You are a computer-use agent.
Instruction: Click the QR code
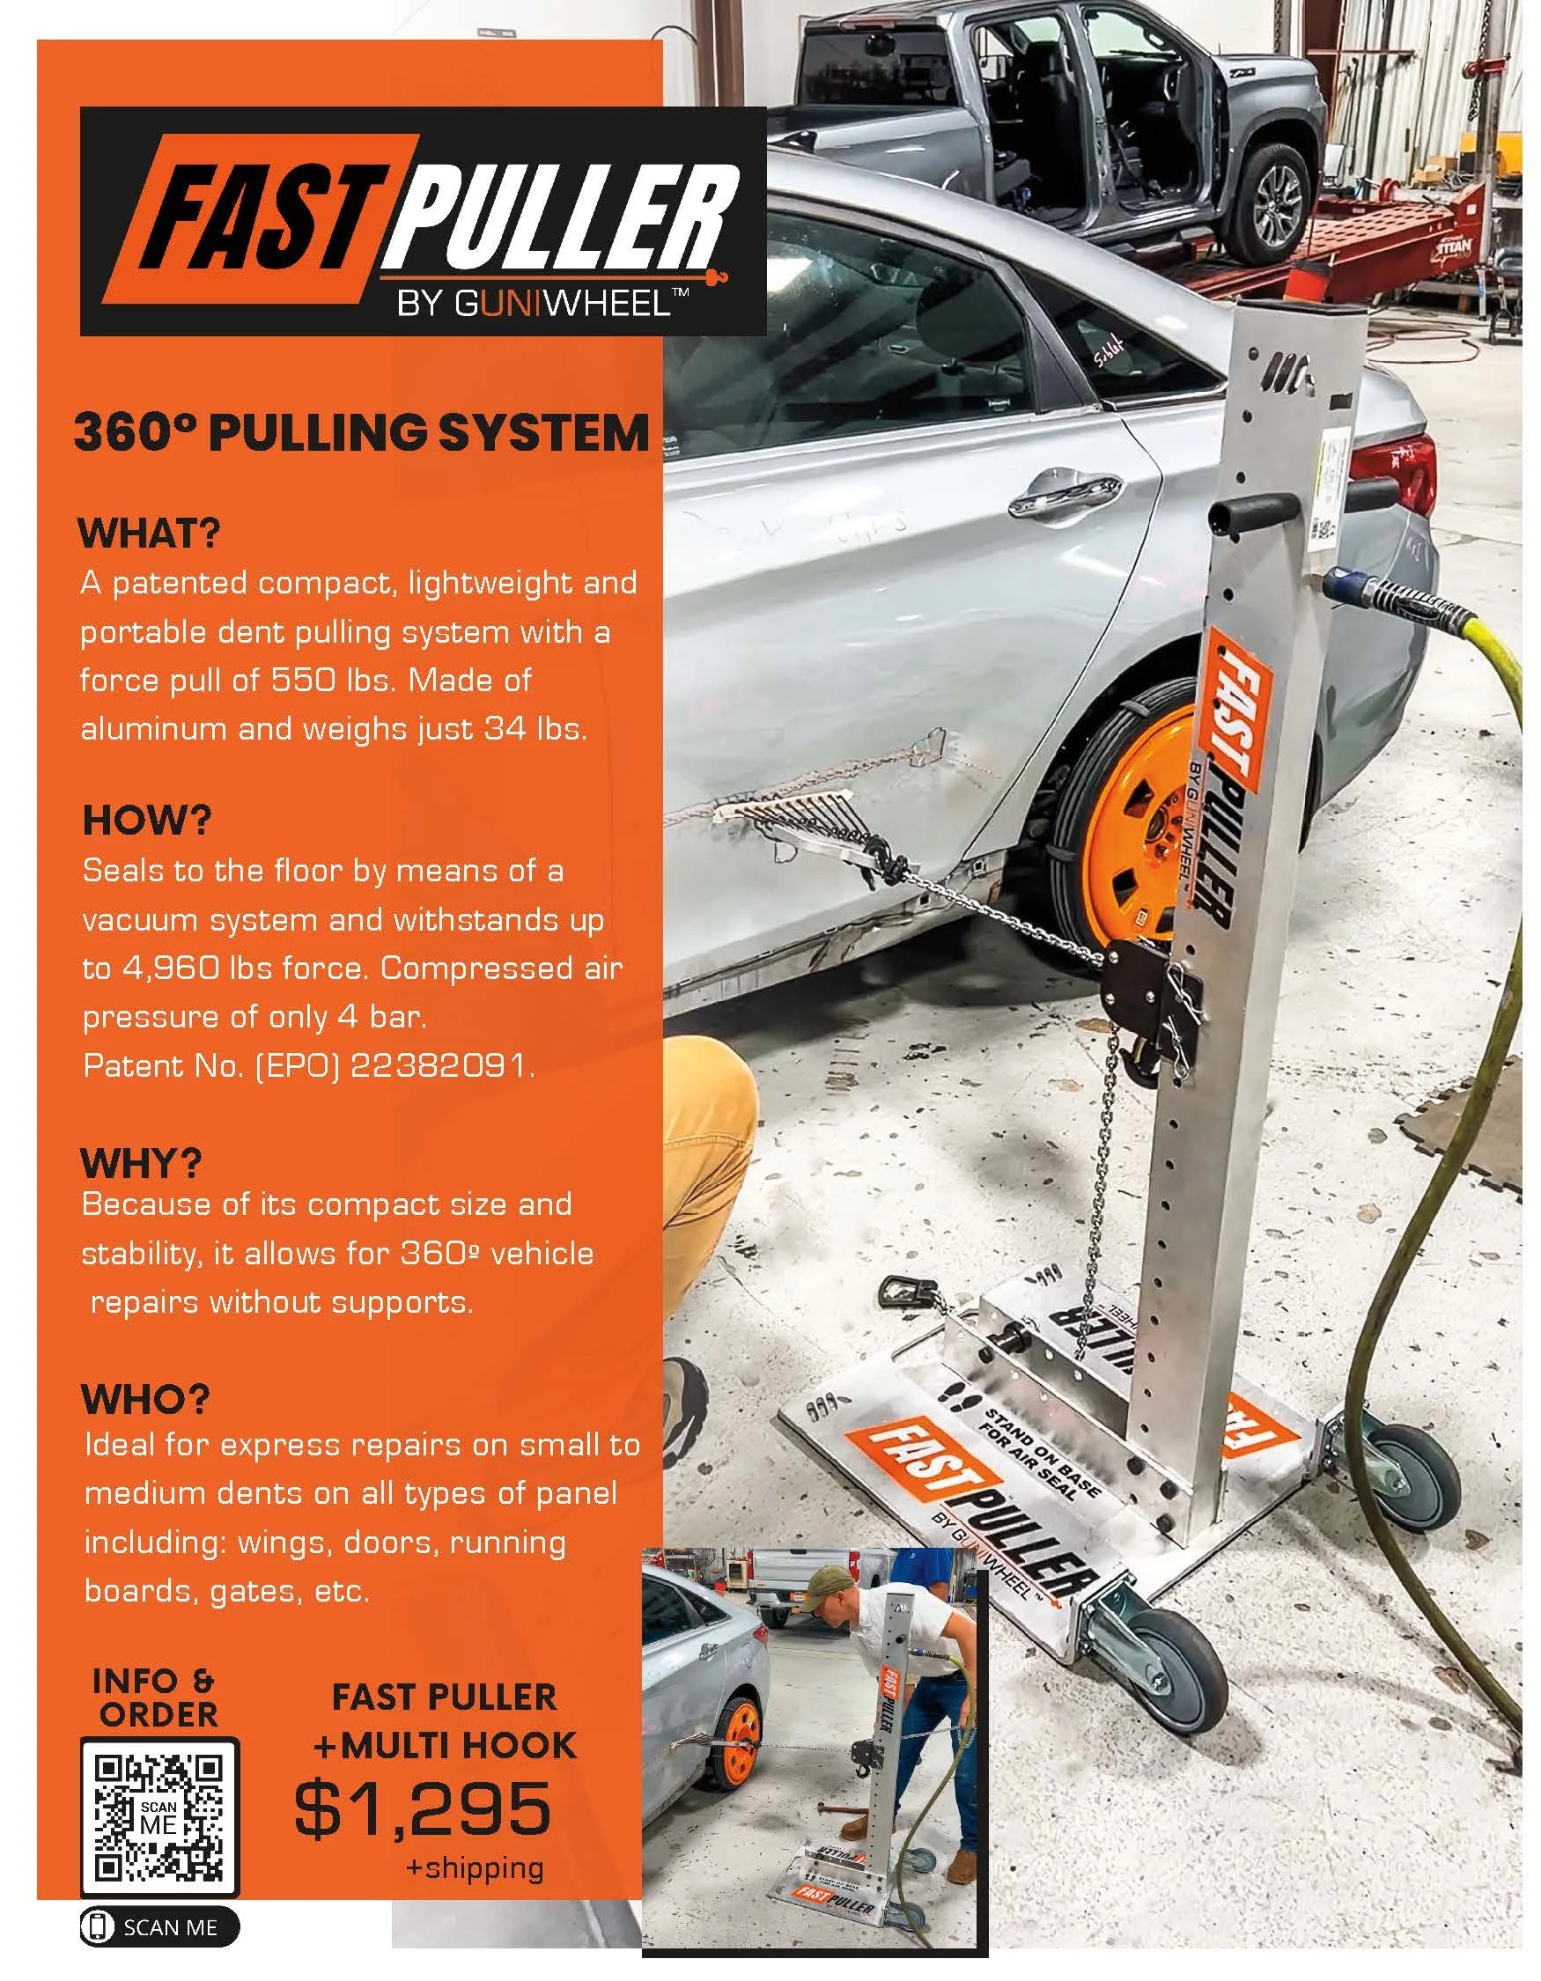click(159, 1818)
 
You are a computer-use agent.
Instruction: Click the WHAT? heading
click(150, 534)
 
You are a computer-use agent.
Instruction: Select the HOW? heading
click(146, 821)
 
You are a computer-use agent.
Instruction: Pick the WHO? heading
click(145, 1400)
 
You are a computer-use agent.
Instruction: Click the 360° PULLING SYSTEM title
click(361, 433)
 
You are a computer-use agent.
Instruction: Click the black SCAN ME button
click(159, 1947)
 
